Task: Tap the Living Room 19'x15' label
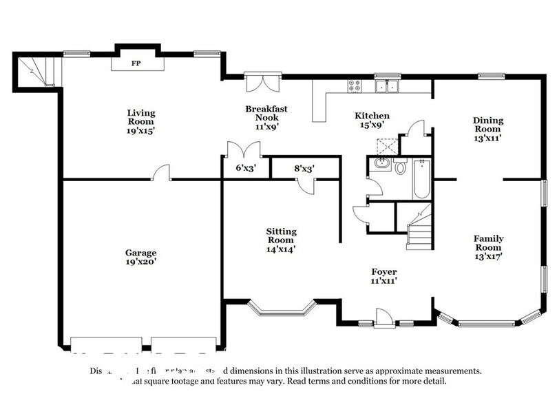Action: [141, 121]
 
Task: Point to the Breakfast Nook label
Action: [266, 117]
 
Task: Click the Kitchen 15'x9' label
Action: [372, 120]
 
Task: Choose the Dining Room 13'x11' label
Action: [487, 129]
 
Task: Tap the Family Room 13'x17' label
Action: [487, 247]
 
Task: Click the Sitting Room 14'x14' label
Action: [281, 240]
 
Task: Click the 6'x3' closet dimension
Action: [245, 167]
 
